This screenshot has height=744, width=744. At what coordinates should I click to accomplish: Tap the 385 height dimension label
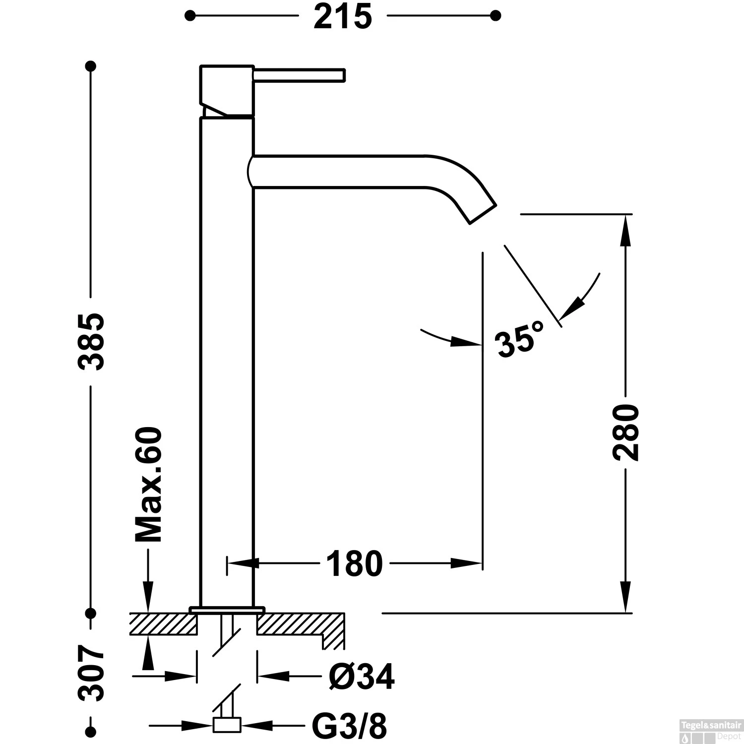91,341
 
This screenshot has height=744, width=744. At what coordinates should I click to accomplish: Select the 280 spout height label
625,432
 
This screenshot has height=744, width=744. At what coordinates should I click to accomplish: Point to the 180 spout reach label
354,563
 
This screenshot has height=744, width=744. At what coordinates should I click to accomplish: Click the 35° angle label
519,339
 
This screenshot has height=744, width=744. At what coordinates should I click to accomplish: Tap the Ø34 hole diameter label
362,676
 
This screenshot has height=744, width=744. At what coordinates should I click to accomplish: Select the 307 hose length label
91,673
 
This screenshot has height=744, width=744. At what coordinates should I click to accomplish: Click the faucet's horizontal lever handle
299,74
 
